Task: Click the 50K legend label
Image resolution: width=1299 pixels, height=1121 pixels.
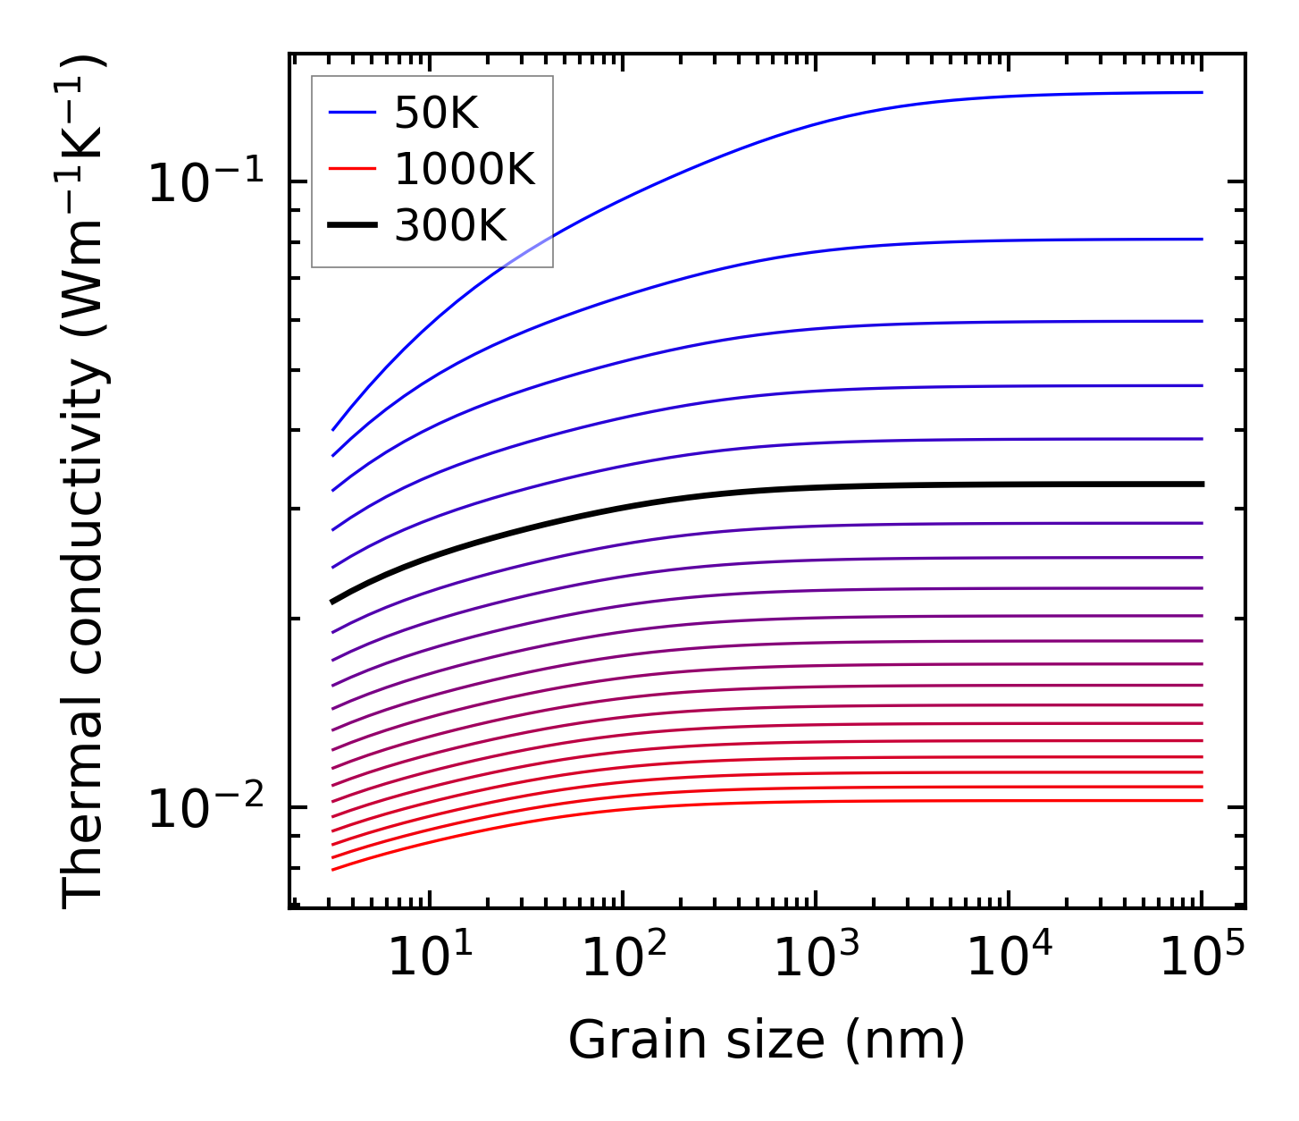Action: [x=436, y=114]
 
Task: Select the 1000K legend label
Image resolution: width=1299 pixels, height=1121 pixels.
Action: [x=465, y=170]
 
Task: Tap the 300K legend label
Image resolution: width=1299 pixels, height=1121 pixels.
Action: [x=450, y=226]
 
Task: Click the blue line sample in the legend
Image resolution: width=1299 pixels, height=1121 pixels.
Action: [x=352, y=113]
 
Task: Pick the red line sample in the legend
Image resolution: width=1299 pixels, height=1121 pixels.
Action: [x=352, y=170]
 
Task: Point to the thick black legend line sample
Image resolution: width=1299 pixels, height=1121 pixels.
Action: [x=352, y=226]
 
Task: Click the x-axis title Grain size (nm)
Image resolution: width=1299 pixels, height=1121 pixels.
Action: [x=767, y=1041]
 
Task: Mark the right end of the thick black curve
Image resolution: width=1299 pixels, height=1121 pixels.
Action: [x=1202, y=484]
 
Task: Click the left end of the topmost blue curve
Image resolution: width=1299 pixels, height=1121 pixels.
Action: [x=333, y=430]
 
